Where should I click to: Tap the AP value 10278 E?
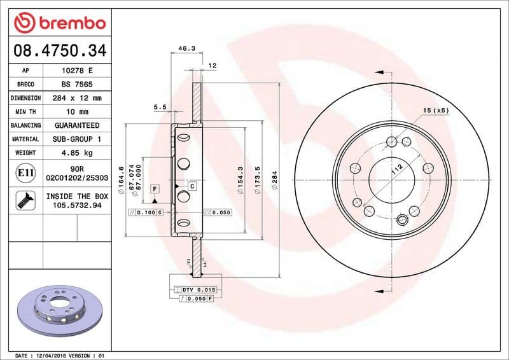[76, 71]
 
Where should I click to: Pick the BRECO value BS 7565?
[76, 85]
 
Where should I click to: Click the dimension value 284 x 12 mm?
[76, 98]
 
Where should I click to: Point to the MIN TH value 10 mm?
[76, 112]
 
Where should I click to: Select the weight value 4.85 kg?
[76, 153]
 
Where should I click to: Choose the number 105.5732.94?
[76, 206]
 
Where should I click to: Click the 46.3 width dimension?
[186, 48]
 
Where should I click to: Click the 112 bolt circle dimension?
[398, 168]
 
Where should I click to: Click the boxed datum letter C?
[192, 186]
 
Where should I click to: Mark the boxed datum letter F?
[154, 189]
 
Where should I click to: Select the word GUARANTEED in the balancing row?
[76, 125]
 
